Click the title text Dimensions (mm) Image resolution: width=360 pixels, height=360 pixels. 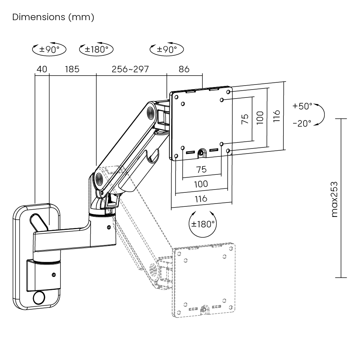click(53, 17)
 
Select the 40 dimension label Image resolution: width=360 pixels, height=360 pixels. click(42, 69)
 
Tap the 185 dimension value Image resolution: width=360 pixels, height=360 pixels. click(72, 69)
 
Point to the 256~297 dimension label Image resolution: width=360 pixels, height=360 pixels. click(130, 69)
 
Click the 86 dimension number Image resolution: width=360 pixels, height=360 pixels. click(184, 69)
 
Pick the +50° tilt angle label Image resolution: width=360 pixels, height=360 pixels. click(302, 106)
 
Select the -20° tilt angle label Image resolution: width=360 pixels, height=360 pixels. click(302, 123)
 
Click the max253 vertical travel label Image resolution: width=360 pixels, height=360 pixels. click(334, 199)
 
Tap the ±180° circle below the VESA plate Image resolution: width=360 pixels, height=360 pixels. click(203, 224)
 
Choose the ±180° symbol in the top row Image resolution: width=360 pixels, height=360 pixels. click(96, 49)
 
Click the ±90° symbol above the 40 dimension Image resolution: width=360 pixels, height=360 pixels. click(49, 49)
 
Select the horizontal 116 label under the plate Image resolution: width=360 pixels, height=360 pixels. click(201, 199)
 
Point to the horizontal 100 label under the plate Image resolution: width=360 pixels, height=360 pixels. click(201, 184)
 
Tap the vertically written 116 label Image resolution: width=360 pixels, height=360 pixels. click(276, 116)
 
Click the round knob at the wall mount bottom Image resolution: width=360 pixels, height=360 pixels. click(39, 298)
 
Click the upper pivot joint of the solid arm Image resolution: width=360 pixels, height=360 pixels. click(150, 113)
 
